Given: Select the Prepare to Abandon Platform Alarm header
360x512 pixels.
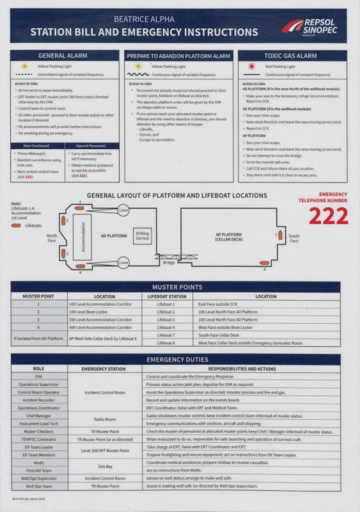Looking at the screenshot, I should click(178, 56).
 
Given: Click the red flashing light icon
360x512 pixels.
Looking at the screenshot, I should click(252, 67).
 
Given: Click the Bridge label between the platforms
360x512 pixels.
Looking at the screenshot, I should click(168, 262).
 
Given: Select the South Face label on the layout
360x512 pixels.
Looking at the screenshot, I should click(293, 239).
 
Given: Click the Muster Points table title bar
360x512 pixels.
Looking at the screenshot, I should click(180, 287).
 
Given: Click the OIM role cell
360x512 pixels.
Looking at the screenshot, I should click(38, 376).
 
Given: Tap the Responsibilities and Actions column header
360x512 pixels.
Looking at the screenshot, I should click(248, 369).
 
